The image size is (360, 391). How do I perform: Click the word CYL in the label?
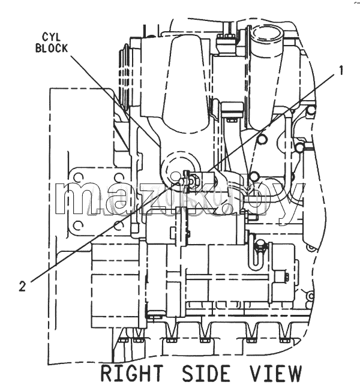point(51,37)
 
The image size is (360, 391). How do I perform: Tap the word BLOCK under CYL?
point(52,48)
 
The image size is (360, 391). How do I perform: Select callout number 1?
point(340,70)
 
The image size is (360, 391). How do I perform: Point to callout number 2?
point(22,286)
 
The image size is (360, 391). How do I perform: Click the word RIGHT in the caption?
point(132,373)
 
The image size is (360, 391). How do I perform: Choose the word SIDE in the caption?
point(206,373)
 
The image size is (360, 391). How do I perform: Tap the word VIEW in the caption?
point(276,373)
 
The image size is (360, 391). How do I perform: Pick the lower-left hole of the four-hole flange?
point(79,225)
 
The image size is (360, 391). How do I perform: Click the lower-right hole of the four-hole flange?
point(118,225)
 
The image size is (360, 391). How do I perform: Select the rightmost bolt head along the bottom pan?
point(284,340)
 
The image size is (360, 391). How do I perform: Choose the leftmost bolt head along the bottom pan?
point(123,340)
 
